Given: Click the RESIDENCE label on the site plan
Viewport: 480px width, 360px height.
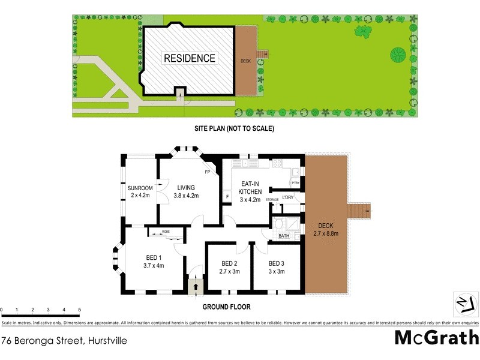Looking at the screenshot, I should point(189,58).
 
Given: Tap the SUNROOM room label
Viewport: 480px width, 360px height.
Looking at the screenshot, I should point(140,188).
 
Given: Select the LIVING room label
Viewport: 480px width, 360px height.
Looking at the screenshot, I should point(186,188).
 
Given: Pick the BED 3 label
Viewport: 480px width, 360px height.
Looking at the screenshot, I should point(277,263).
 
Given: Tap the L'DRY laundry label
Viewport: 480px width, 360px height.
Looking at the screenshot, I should point(288,197).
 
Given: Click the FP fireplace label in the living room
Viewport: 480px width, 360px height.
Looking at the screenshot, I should point(207,173).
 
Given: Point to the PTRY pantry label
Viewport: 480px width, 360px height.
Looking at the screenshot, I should point(295,183).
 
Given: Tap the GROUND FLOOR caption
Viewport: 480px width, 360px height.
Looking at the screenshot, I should point(226,307).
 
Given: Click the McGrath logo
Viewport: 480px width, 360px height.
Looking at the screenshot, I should point(436,337).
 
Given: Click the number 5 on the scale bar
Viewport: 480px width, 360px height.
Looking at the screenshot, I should point(80,310).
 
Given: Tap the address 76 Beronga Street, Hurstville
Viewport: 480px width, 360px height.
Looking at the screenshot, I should point(64,340).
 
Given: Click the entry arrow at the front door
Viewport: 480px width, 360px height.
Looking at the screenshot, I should point(195,286).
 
